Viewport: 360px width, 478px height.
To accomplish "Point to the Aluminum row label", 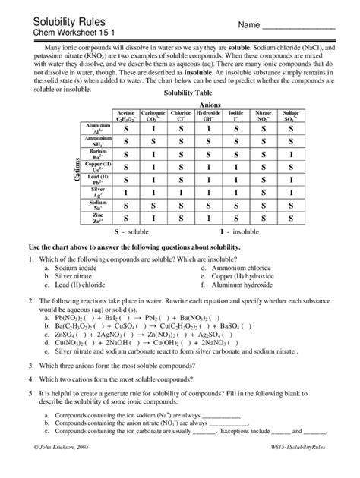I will tap(97, 129).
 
